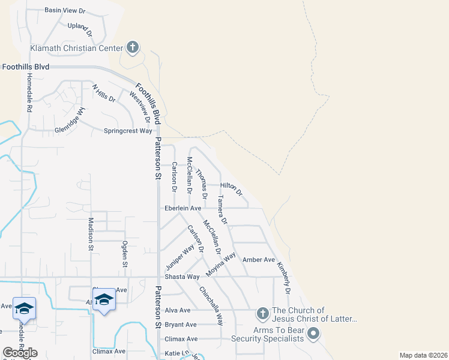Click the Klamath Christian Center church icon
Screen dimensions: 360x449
pyautogui.click(x=133, y=47)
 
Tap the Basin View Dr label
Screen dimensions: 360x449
pyautogui.click(x=66, y=11)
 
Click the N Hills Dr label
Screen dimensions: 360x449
pyautogui.click(x=103, y=94)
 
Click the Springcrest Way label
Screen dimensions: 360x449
pyautogui.click(x=128, y=131)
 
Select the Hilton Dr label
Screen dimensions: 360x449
pyautogui.click(x=231, y=189)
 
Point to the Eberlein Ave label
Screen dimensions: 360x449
pyautogui.click(x=183, y=208)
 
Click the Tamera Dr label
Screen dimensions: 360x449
pyautogui.click(x=222, y=209)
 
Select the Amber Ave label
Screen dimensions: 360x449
pyautogui.click(x=258, y=260)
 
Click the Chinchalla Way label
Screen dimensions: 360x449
pyautogui.click(x=211, y=305)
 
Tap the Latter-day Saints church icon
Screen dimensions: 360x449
pyautogui.click(x=262, y=313)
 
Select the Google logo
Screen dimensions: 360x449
pyautogui.click(x=20, y=353)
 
